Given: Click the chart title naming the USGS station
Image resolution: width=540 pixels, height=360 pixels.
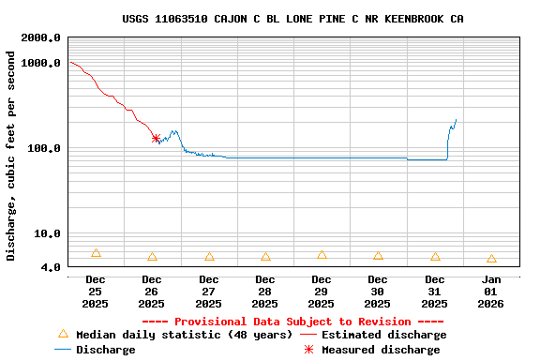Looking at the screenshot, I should click(292, 19).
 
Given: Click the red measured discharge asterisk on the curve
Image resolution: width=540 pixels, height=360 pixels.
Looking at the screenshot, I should click(156, 138).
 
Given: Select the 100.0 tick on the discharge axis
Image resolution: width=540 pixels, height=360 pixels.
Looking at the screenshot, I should click(44, 148).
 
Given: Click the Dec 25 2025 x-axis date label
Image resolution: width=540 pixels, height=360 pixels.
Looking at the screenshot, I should click(96, 291).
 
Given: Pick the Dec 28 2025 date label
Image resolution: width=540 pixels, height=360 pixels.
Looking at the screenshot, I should click(265, 291).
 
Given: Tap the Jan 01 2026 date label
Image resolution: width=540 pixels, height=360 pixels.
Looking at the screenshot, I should click(491, 291).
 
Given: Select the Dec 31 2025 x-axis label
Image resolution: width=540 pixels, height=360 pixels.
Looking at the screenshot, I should click(435, 291).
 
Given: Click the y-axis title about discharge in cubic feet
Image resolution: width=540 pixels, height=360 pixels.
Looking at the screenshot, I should click(11, 156).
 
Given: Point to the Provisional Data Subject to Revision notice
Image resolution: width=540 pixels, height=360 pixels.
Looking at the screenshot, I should click(292, 322).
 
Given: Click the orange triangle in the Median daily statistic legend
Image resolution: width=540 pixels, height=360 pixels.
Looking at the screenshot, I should click(64, 334).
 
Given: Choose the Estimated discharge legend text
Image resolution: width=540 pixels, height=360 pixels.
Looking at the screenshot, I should click(384, 335).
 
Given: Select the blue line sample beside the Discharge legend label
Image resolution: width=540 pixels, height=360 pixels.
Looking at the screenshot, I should click(64, 350).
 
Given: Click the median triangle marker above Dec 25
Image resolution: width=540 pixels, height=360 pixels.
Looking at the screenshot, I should click(96, 253).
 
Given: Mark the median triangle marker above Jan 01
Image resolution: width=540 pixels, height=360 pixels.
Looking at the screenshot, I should click(491, 259).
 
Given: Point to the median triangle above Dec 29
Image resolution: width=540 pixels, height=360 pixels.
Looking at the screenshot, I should click(322, 255).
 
